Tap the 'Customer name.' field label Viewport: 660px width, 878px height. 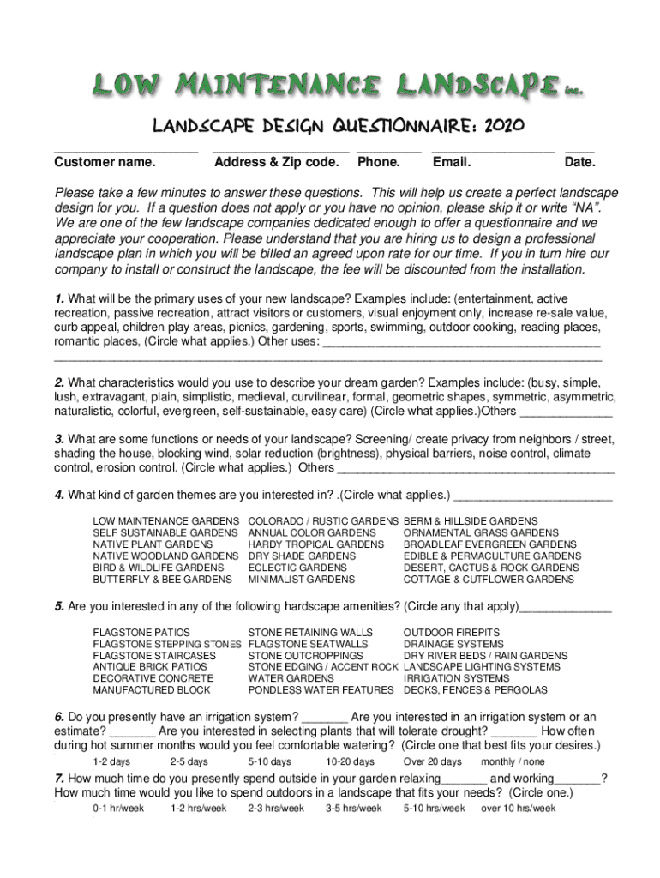click(105, 162)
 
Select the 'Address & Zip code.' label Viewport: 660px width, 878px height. click(277, 162)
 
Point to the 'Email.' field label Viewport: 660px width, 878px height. click(453, 162)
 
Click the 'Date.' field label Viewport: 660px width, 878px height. click(580, 162)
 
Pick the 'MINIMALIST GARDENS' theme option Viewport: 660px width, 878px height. click(301, 580)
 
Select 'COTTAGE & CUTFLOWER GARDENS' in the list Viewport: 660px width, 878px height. click(489, 580)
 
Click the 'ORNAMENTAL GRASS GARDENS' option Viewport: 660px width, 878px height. click(481, 533)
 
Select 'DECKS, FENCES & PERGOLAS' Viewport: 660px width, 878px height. click(476, 689)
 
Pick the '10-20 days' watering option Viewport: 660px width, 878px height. click(350, 761)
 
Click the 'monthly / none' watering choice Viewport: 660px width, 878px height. click(513, 761)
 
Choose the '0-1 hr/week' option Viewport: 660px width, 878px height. click(118, 808)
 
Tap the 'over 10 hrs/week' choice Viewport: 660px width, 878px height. click(518, 808)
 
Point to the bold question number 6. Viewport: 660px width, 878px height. click(58, 717)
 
